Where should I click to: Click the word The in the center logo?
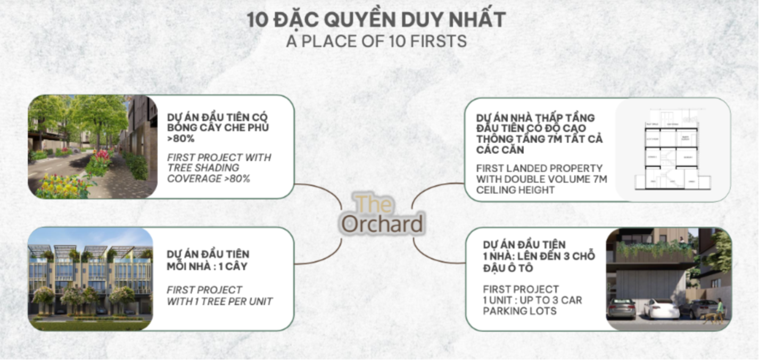pyautogui.click(x=374, y=204)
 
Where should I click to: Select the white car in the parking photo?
pyautogui.click(x=661, y=308)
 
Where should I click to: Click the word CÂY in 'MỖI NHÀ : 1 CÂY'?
pyautogui.click(x=236, y=266)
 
